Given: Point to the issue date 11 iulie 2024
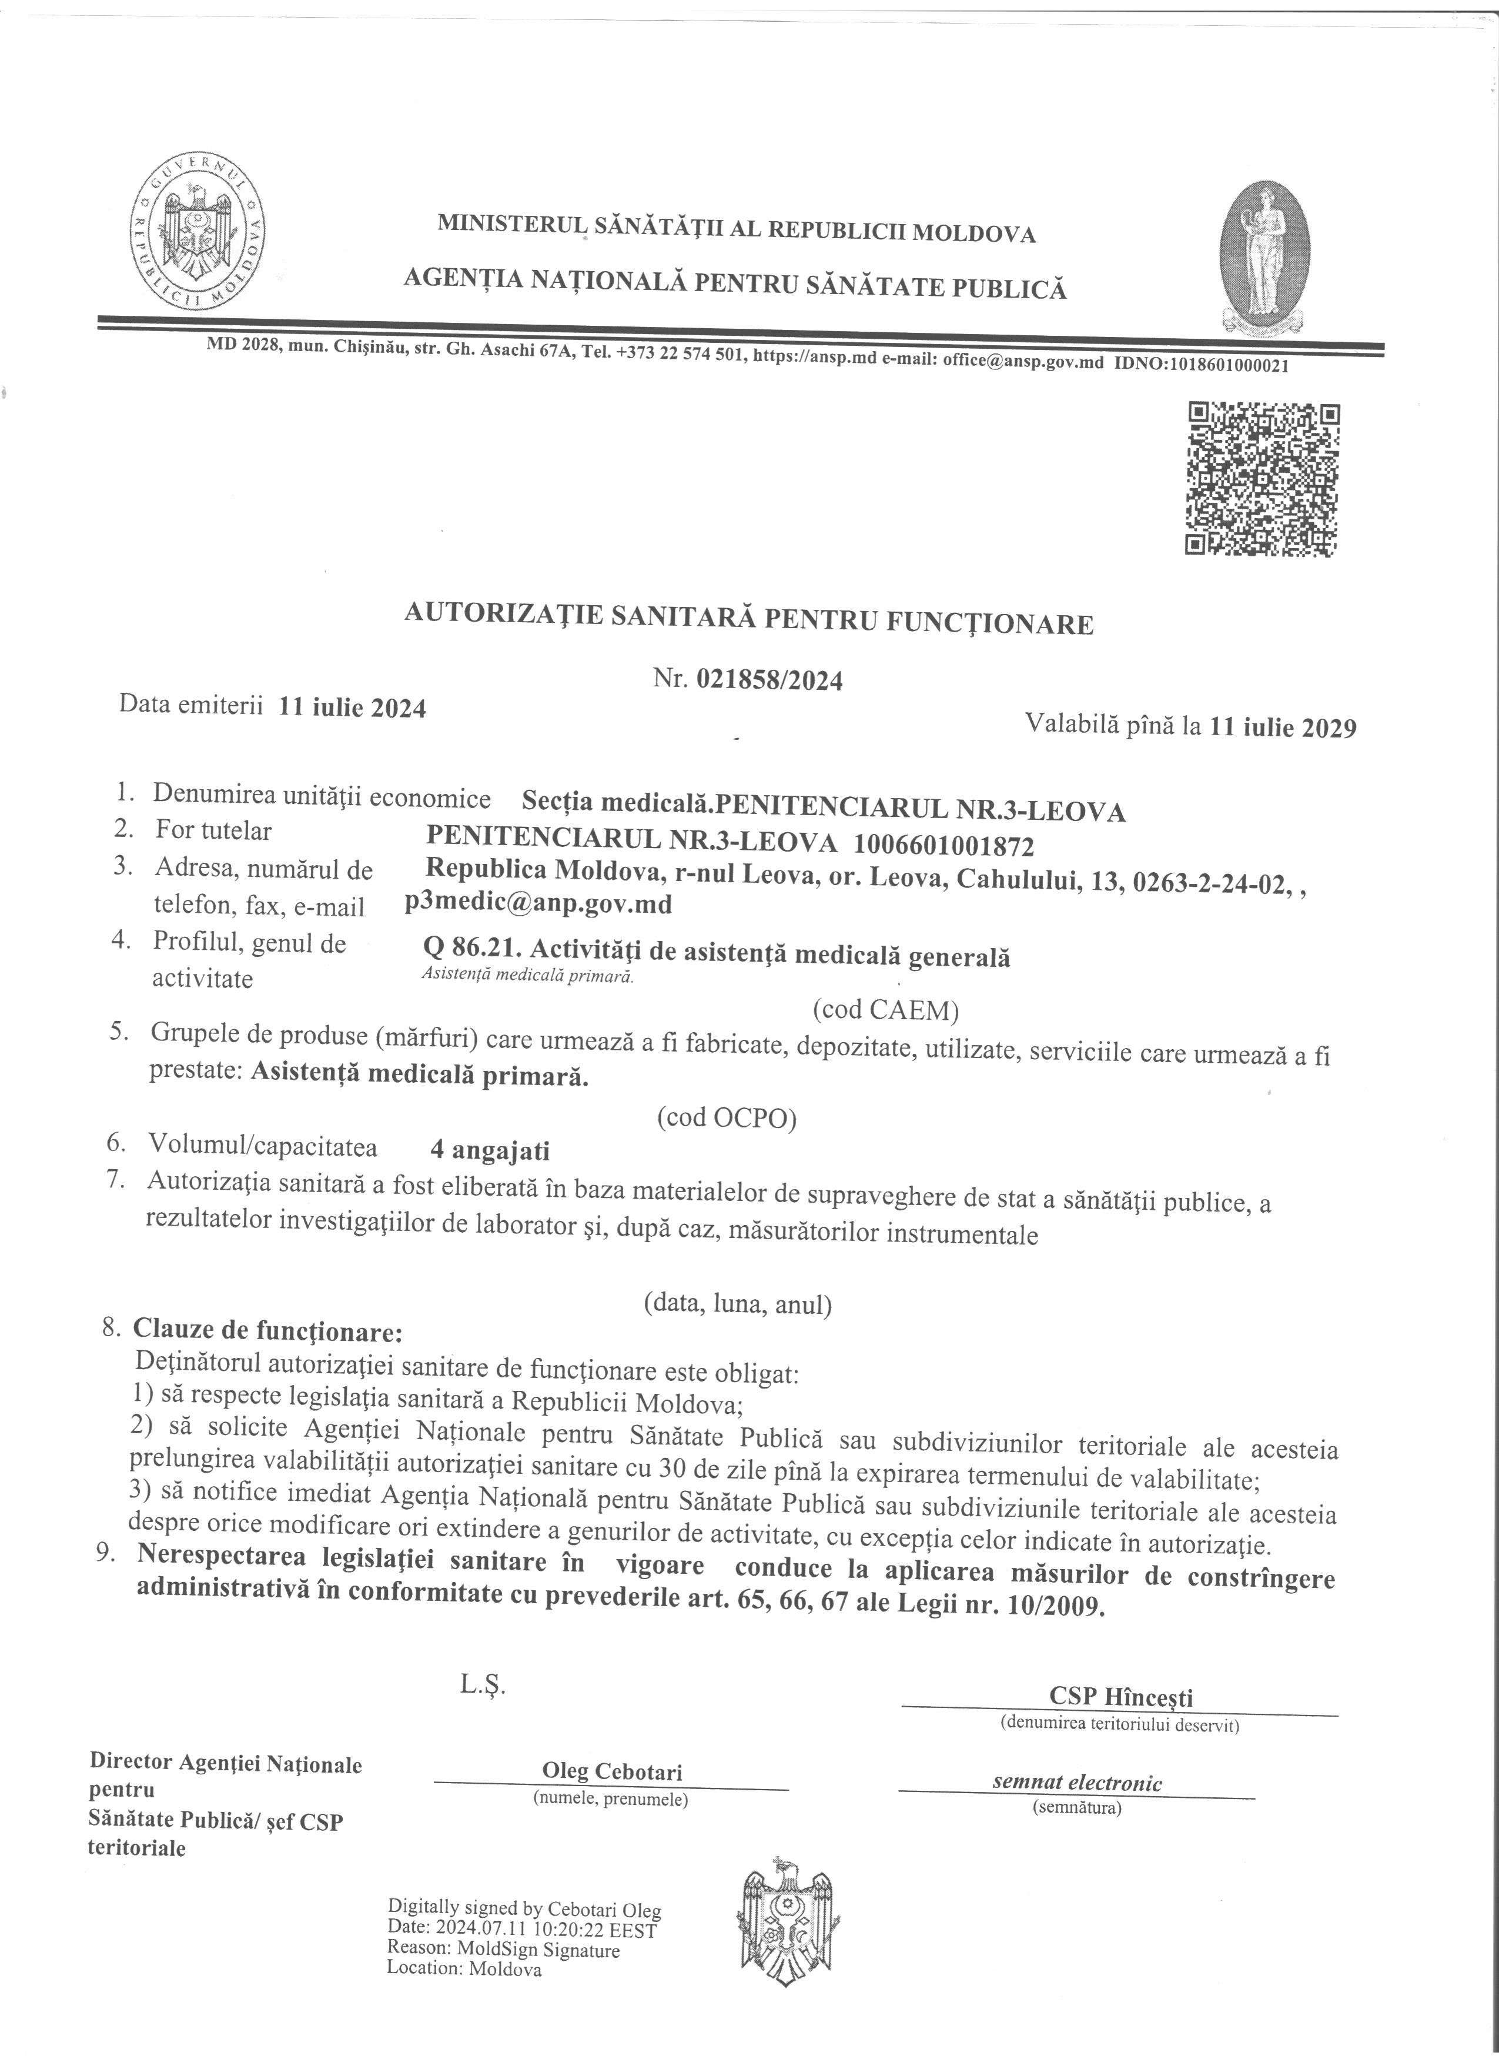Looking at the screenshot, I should coord(352,708).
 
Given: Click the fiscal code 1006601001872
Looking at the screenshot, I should coord(943,846).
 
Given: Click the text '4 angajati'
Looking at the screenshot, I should coord(490,1151).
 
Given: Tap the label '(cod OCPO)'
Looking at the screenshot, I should coord(727,1117).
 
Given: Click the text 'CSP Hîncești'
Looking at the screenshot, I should coord(1120,1696).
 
